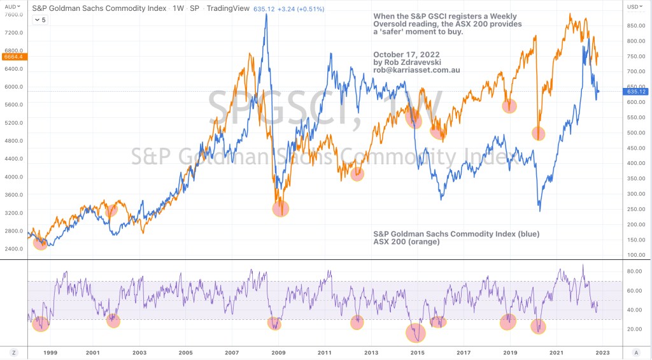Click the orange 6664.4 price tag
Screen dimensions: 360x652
(13, 57)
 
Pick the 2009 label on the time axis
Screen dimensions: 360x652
(278, 352)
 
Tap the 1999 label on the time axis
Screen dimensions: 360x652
(50, 352)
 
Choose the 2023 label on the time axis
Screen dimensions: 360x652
(602, 352)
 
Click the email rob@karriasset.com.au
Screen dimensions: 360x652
(417, 70)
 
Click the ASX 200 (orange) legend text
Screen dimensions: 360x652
(407, 242)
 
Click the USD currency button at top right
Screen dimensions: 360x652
(637, 6)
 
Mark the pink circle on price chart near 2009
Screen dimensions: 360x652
(280, 208)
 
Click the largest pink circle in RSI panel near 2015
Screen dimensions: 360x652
(415, 333)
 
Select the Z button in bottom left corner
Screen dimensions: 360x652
(13, 352)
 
